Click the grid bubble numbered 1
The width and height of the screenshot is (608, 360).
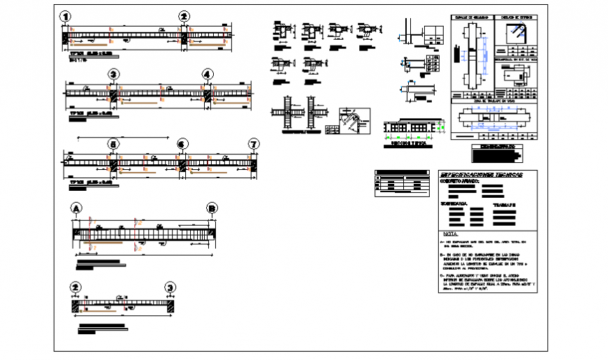[x=65, y=17]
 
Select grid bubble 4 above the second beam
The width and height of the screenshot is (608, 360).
[x=208, y=75]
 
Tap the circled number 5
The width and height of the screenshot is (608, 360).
[x=113, y=144]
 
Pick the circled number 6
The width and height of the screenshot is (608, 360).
[x=182, y=144]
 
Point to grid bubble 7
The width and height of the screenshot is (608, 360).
[x=254, y=144]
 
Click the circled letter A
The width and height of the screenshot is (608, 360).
[x=75, y=208]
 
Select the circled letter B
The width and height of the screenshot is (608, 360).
[x=211, y=208]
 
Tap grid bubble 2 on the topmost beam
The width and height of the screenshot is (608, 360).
[x=184, y=17]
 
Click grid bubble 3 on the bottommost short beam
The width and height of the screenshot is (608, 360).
[x=170, y=287]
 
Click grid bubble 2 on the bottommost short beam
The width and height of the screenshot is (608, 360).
[x=75, y=287]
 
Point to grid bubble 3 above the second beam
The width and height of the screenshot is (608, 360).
[x=113, y=75]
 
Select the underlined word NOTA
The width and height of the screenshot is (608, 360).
[x=451, y=234]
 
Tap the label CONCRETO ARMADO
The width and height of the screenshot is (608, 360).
[x=459, y=181]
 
